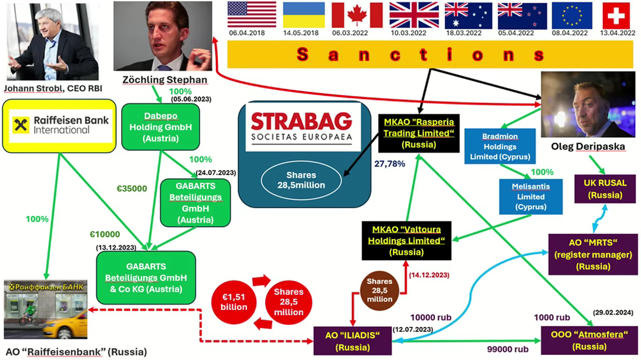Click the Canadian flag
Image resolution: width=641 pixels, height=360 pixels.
(x=357, y=15)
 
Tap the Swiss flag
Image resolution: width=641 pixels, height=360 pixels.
(x=616, y=15)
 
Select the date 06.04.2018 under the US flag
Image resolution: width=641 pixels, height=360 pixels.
(x=247, y=33)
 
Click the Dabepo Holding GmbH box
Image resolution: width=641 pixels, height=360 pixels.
(x=161, y=127)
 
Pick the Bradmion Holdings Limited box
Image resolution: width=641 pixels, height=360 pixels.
(x=500, y=146)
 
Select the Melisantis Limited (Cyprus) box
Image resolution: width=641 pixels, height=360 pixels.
(x=531, y=197)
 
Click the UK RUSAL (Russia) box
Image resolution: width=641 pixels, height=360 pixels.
(x=605, y=189)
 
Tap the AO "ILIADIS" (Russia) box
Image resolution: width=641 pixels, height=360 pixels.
(x=353, y=341)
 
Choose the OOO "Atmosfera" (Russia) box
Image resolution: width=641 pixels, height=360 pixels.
(x=590, y=341)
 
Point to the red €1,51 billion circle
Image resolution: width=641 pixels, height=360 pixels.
(x=233, y=302)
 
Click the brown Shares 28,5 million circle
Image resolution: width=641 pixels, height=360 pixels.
(x=379, y=291)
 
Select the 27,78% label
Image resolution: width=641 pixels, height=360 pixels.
(x=390, y=164)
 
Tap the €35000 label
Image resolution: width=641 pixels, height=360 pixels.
(x=132, y=189)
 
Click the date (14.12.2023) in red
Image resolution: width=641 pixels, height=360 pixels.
(x=429, y=275)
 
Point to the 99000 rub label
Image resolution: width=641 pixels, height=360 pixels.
(x=507, y=349)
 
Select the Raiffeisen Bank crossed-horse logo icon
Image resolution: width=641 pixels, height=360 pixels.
(x=21, y=125)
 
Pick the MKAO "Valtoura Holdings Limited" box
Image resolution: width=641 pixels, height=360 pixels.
(x=407, y=241)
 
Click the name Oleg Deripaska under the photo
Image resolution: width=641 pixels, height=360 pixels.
(x=588, y=146)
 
